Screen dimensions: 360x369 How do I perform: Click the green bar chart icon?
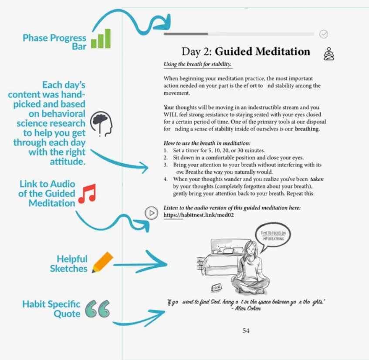[x=101, y=39]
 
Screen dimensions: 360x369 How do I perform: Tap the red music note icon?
[x=87, y=194]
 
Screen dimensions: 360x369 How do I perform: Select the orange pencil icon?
[x=102, y=262]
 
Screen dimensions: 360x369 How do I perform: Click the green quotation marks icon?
[x=97, y=309]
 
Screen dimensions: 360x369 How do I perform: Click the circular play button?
[x=151, y=213]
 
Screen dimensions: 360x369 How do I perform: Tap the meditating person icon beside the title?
[x=329, y=54]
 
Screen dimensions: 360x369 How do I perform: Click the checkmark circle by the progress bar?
[x=323, y=34]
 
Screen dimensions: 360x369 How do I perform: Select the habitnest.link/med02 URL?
[x=199, y=215]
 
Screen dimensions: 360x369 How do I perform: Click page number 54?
[x=246, y=331]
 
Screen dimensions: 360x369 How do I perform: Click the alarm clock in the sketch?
[x=216, y=287]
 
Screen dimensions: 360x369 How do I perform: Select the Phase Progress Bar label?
[x=54, y=42]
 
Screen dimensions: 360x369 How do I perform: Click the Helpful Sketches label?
[x=68, y=264]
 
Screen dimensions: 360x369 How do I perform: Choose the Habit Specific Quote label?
[x=51, y=309]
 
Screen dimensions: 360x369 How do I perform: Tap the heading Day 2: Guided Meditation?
[x=246, y=52]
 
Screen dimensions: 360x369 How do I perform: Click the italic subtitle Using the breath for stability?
[x=197, y=64]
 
